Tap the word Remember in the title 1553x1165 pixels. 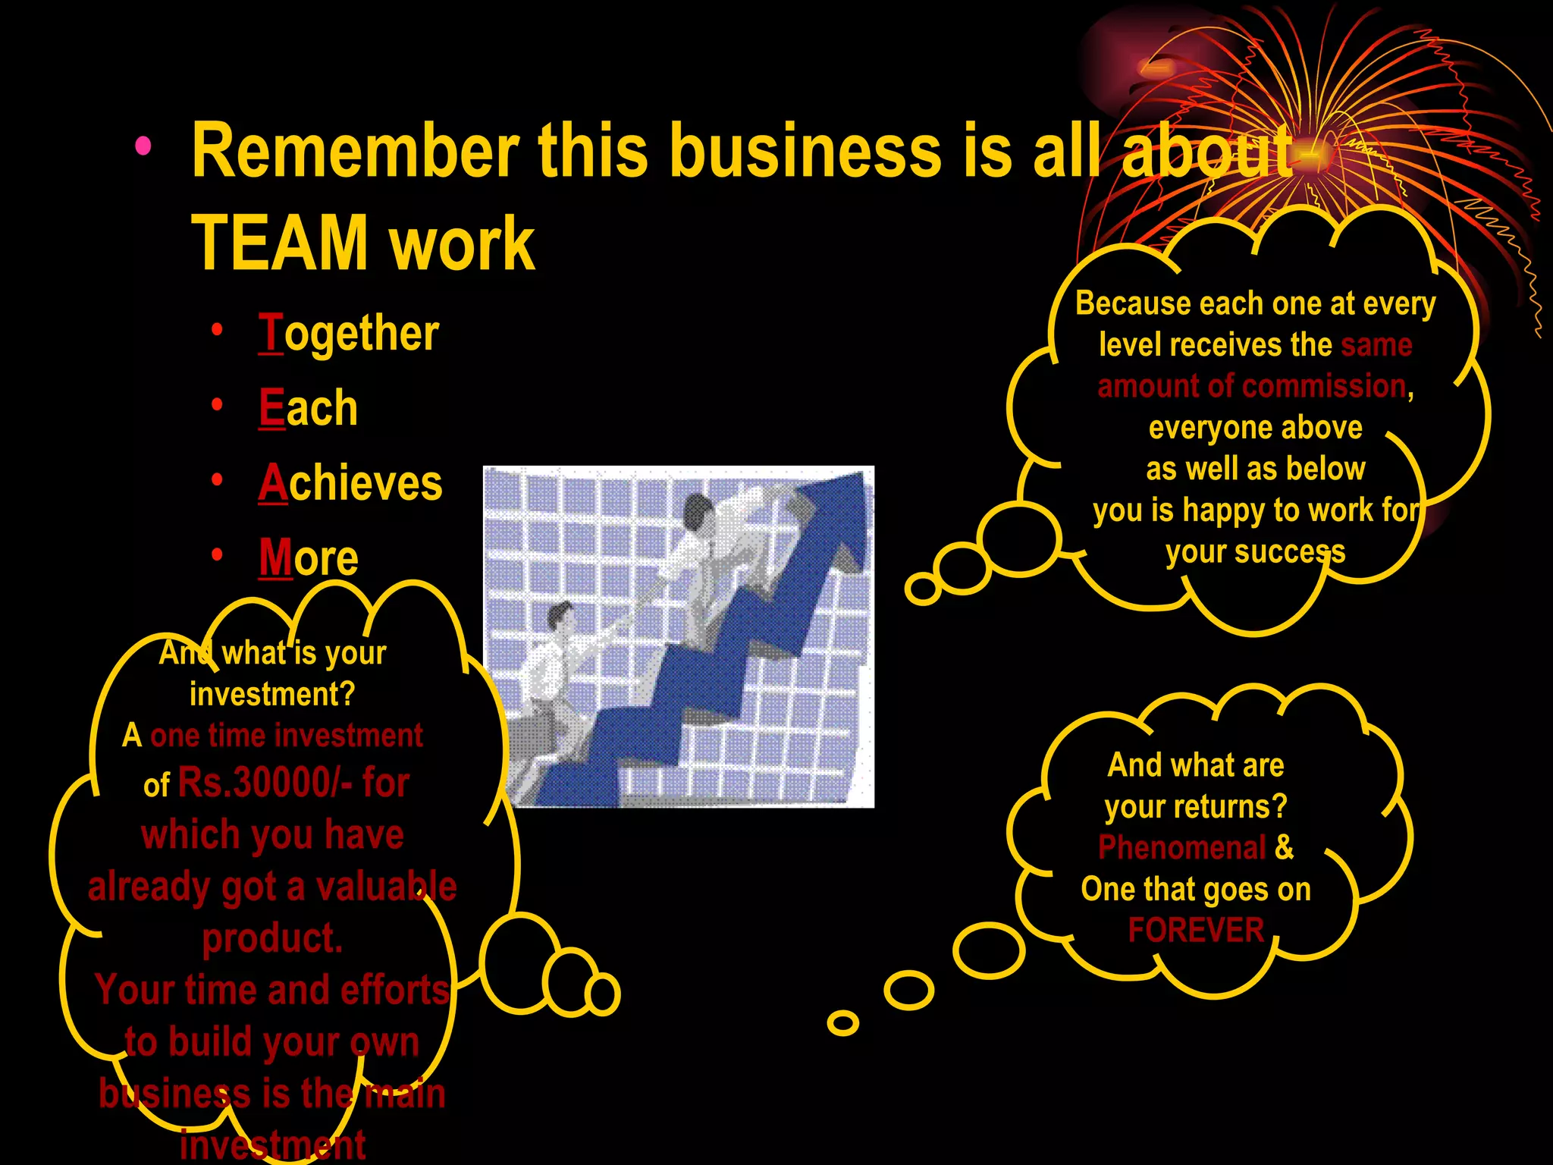(355, 150)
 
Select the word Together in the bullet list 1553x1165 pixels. (348, 333)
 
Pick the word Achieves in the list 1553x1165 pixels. (350, 483)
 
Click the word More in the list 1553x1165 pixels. (308, 557)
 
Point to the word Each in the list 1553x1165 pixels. (307, 408)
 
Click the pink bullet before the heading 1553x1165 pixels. (143, 146)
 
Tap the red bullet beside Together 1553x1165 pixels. (218, 330)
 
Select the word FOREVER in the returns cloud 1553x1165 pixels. (1196, 930)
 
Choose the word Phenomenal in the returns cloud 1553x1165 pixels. (1181, 847)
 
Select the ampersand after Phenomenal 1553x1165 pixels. (1284, 847)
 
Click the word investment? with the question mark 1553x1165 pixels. (271, 694)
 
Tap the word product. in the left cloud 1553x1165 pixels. (272, 938)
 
